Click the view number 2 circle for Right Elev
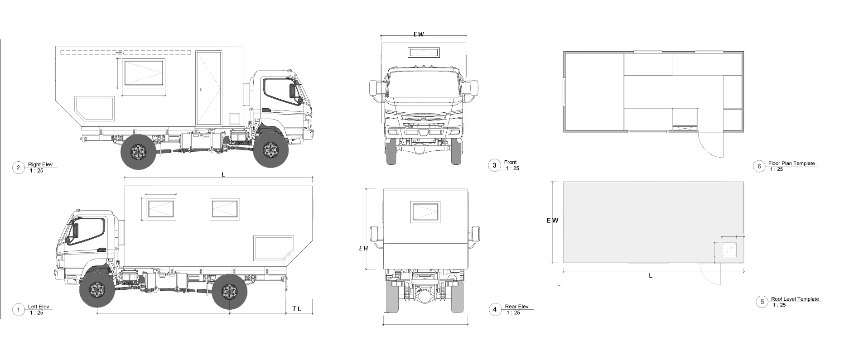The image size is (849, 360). tap(18, 168)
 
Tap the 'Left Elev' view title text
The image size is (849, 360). tap(39, 307)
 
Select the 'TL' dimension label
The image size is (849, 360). tap(296, 309)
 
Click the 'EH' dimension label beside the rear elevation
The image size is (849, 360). tap(363, 248)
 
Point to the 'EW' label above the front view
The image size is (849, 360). tap(419, 34)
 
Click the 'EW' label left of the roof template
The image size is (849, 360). tap(552, 221)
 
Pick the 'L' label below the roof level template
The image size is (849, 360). tap(651, 275)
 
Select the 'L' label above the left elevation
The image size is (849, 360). tap(223, 174)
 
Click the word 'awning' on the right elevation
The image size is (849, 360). tap(120, 53)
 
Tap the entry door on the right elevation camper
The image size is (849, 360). tap(209, 88)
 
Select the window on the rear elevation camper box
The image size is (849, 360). tap(425, 212)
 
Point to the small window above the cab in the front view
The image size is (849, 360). tap(424, 53)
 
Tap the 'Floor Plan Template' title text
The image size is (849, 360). tap(791, 163)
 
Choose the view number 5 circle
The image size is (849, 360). tap(762, 302)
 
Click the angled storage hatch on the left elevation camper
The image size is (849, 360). tap(273, 248)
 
